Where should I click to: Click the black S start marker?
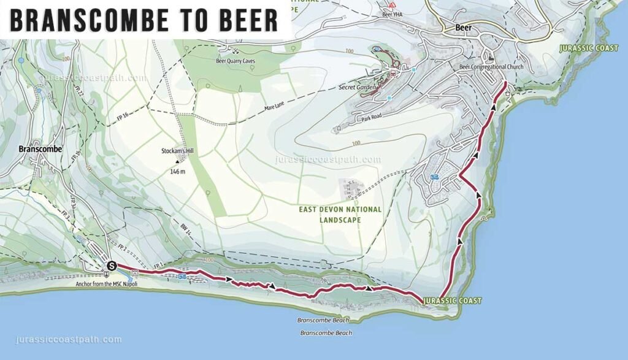click(x=111, y=266)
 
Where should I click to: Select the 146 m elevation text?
click(x=178, y=172)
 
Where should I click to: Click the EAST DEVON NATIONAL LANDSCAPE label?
click(x=340, y=214)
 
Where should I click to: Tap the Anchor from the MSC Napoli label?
click(x=106, y=284)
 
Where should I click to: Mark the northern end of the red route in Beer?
click(x=504, y=82)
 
